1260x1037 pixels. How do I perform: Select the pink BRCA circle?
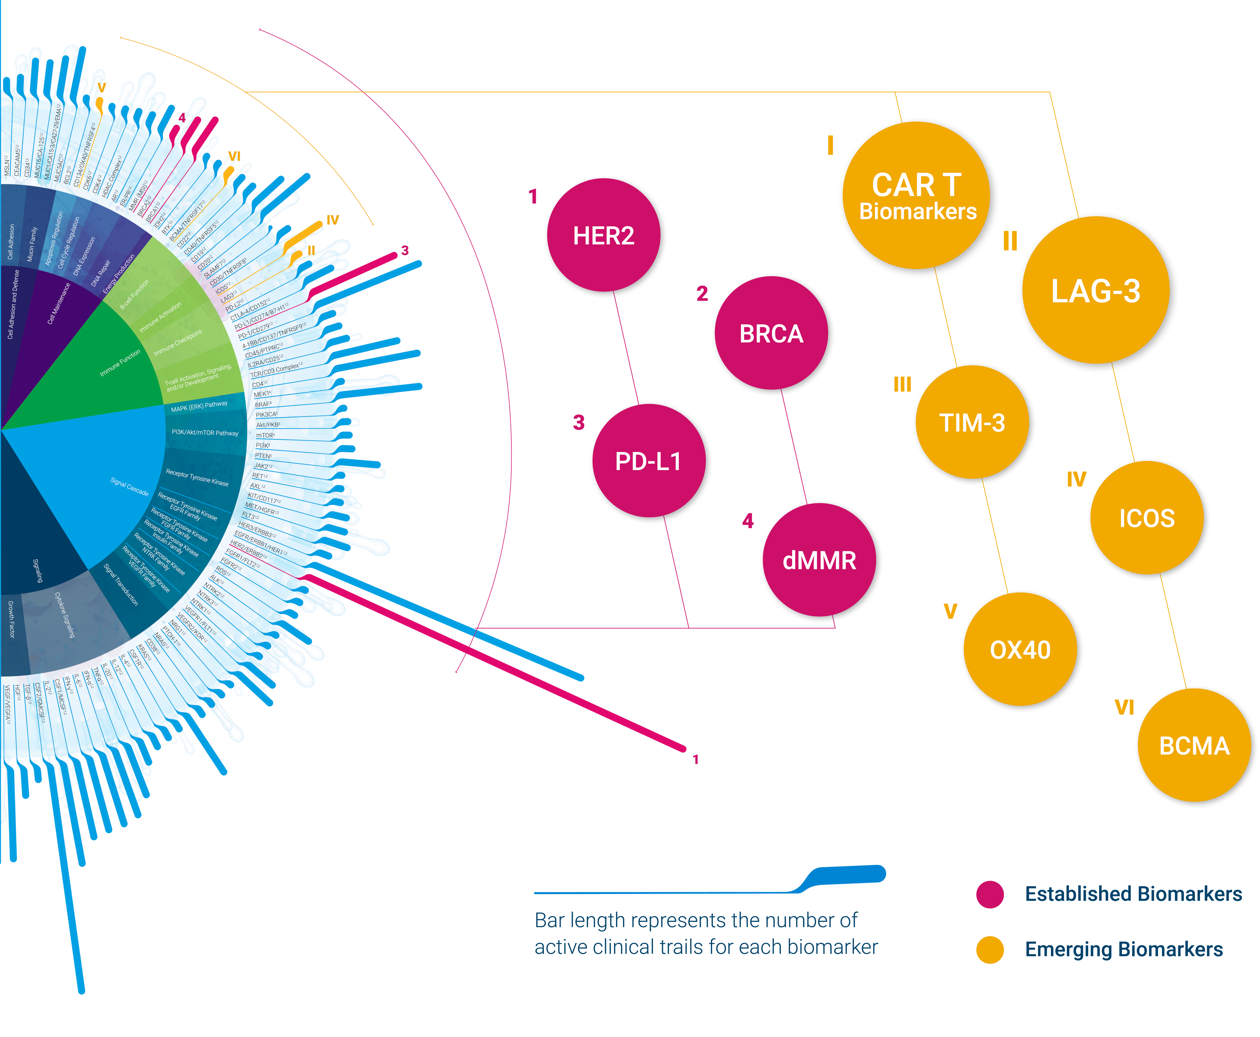(771, 333)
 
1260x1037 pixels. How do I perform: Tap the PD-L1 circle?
(648, 461)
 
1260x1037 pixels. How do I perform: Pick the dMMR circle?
(819, 560)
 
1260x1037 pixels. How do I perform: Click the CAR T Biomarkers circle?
(916, 195)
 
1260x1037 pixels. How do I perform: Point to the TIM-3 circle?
(972, 422)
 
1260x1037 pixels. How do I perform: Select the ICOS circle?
(1147, 517)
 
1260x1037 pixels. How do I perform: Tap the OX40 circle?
(1020, 649)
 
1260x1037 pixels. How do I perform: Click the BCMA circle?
(1194, 745)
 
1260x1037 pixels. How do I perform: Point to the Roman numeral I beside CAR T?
(830, 145)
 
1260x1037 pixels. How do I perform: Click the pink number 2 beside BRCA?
(702, 293)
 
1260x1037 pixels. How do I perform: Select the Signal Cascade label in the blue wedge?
(129, 487)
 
